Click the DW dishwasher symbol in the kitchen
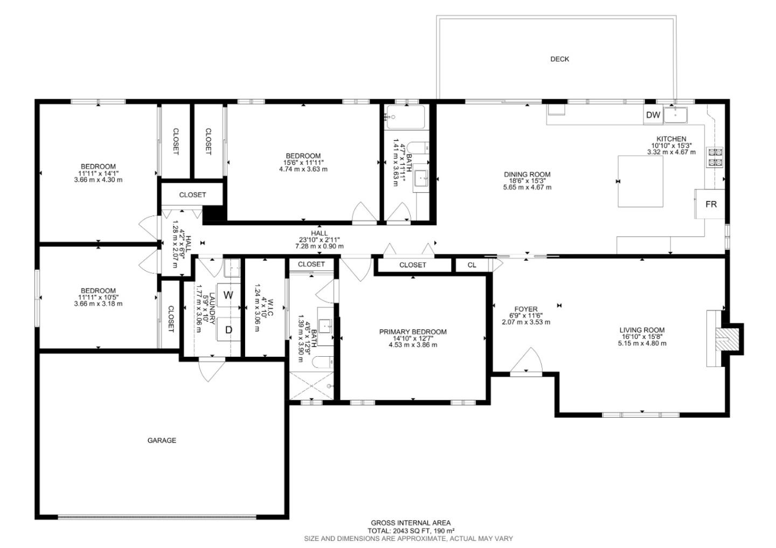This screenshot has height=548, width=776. coord(653,115)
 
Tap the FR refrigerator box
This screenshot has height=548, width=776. coord(711,204)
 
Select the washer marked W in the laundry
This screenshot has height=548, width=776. coord(228,295)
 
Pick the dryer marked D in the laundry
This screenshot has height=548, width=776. coord(228,329)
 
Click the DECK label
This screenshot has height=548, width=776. coord(559,59)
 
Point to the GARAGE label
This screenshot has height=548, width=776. coord(162,440)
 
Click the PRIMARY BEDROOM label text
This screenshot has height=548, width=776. coord(413,332)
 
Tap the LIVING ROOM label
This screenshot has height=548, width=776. coord(642,330)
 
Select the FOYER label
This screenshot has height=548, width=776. coord(526,309)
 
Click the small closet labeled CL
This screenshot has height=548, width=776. coord(472,265)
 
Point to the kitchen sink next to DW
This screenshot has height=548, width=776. coord(675,115)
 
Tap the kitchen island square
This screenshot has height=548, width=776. coord(640,181)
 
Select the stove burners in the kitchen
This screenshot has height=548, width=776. coord(715,156)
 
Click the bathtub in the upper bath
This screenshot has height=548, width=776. coord(405,117)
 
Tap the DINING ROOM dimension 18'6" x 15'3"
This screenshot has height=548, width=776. coord(527,181)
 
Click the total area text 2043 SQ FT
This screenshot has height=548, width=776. coord(411,530)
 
